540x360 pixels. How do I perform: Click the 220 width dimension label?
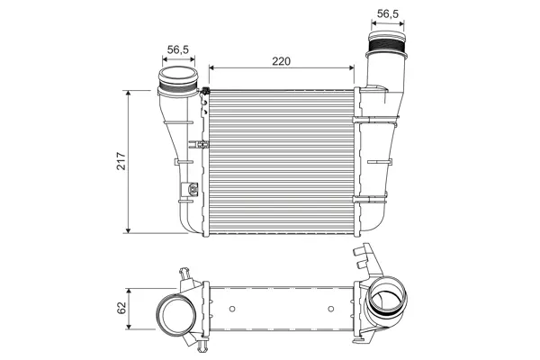pos(282,61)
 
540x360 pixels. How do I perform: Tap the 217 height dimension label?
pos(121,161)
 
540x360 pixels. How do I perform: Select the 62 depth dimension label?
pos(121,308)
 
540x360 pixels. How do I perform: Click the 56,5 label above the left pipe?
pos(178,49)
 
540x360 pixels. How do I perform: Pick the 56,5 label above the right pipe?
pos(388,13)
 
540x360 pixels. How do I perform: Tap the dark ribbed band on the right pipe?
pos(387,45)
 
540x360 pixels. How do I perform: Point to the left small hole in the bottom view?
pos(232,309)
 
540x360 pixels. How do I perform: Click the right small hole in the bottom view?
pos(331,309)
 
